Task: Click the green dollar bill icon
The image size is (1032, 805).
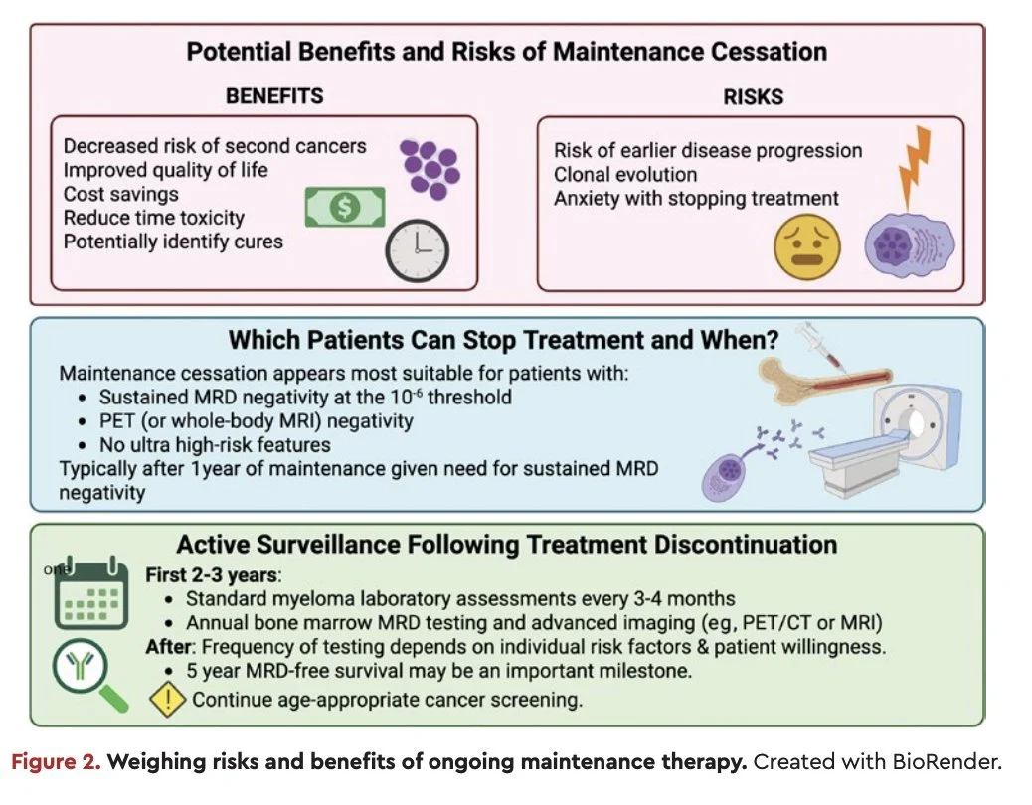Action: tap(345, 207)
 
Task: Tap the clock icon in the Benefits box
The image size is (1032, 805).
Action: tap(417, 250)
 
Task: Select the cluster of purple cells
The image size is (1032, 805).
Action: tap(430, 169)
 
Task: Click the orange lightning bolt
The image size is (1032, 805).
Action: tap(915, 168)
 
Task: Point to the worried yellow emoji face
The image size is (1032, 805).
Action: tap(806, 247)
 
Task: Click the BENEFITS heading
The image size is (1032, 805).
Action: tap(274, 96)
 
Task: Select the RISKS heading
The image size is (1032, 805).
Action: tap(753, 97)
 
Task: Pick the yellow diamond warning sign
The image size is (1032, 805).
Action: tap(167, 699)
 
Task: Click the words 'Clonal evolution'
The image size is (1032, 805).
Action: tap(625, 174)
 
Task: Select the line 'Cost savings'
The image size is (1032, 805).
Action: tap(121, 194)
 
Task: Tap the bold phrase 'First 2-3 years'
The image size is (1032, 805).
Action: tap(211, 575)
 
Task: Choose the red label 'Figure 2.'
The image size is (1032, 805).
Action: tap(56, 762)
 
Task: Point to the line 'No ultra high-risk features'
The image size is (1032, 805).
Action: tap(215, 445)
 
